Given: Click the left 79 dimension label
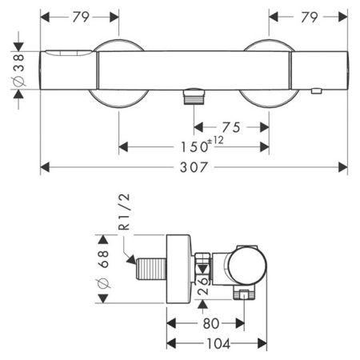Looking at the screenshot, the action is click(81, 18).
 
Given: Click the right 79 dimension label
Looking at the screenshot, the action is click(310, 18).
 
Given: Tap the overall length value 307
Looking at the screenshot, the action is click(194, 167).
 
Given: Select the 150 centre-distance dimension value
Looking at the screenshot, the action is click(194, 147).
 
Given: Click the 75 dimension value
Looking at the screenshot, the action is click(231, 127).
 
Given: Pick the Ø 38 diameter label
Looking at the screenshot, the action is click(18, 70).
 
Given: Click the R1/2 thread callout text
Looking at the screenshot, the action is click(124, 212).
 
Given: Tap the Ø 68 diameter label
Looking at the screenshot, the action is click(103, 270).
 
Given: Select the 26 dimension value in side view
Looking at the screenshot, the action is click(203, 286).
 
